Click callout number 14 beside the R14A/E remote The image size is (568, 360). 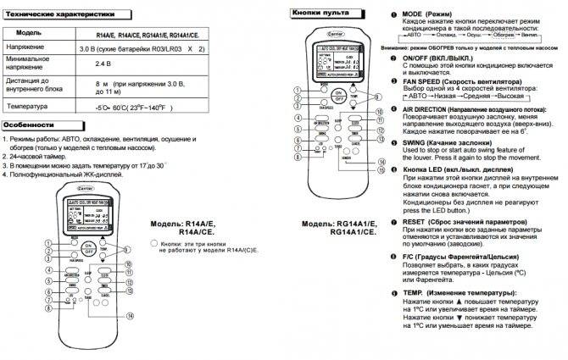pos(130,315)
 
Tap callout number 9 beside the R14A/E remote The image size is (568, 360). pos(130,263)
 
